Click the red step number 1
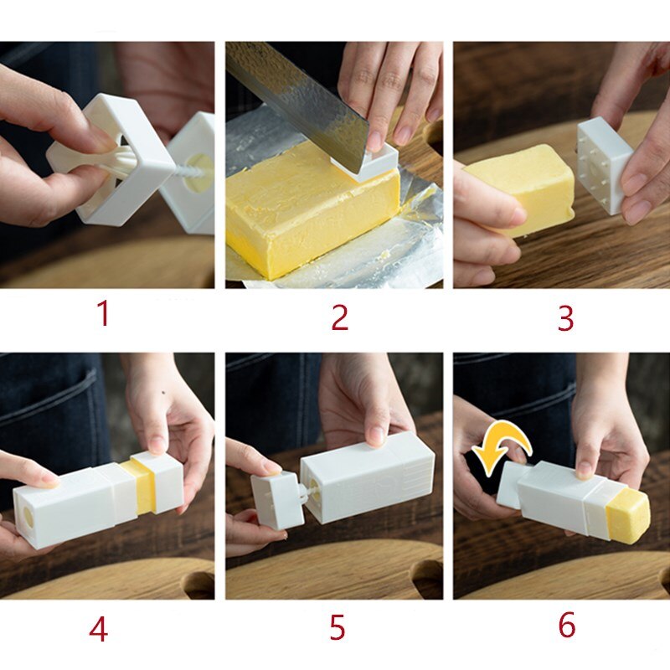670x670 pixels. [x=102, y=314]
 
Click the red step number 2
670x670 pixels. [x=339, y=317]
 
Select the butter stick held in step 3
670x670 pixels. [x=519, y=184]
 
